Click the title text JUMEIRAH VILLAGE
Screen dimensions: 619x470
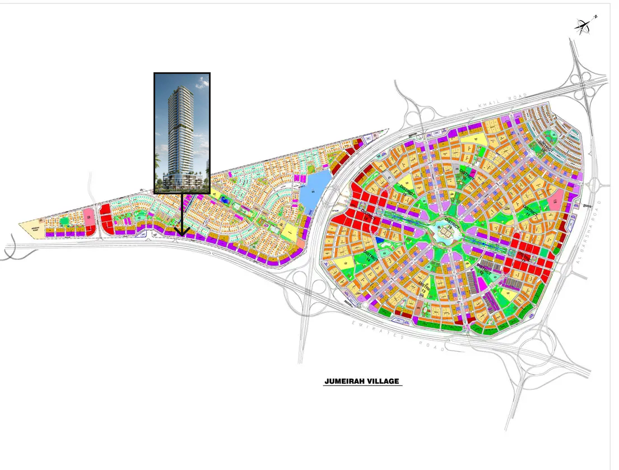click(x=362, y=381)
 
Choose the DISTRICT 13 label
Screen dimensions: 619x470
click(x=423, y=288)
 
